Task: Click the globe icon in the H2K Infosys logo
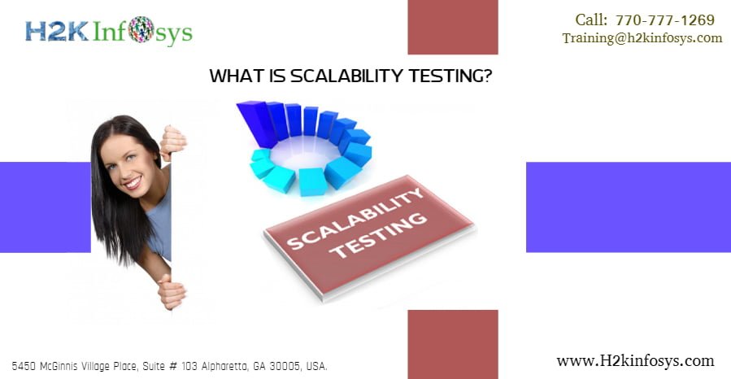click(141, 29)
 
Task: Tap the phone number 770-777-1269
click(665, 20)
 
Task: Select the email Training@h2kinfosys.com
click(642, 38)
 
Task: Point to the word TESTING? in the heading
click(450, 76)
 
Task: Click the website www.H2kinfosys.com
click(635, 361)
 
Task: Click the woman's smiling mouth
click(133, 182)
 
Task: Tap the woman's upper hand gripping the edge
click(173, 143)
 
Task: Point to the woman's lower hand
click(171, 291)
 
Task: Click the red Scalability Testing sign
click(369, 235)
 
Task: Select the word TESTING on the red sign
click(378, 235)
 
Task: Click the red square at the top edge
click(453, 27)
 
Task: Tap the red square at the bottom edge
click(453, 345)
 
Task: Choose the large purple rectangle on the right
click(629, 207)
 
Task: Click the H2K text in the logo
click(56, 31)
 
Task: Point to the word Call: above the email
click(591, 20)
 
